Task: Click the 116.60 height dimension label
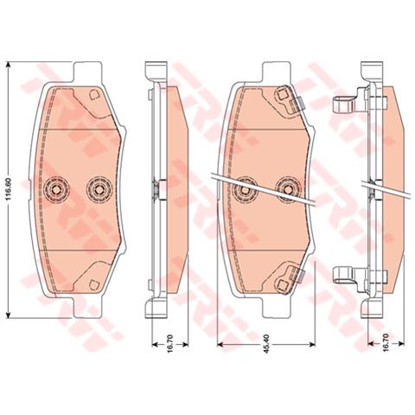point(9,189)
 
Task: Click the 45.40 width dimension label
point(266,344)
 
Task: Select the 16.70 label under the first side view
point(170,344)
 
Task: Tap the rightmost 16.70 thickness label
point(386,343)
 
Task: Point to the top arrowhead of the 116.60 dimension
point(9,66)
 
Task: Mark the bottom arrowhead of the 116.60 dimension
point(9,315)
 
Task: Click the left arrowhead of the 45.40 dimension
point(220,344)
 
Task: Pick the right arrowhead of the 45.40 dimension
point(312,344)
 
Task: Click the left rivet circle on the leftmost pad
point(56,189)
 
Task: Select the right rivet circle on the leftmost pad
point(99,189)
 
